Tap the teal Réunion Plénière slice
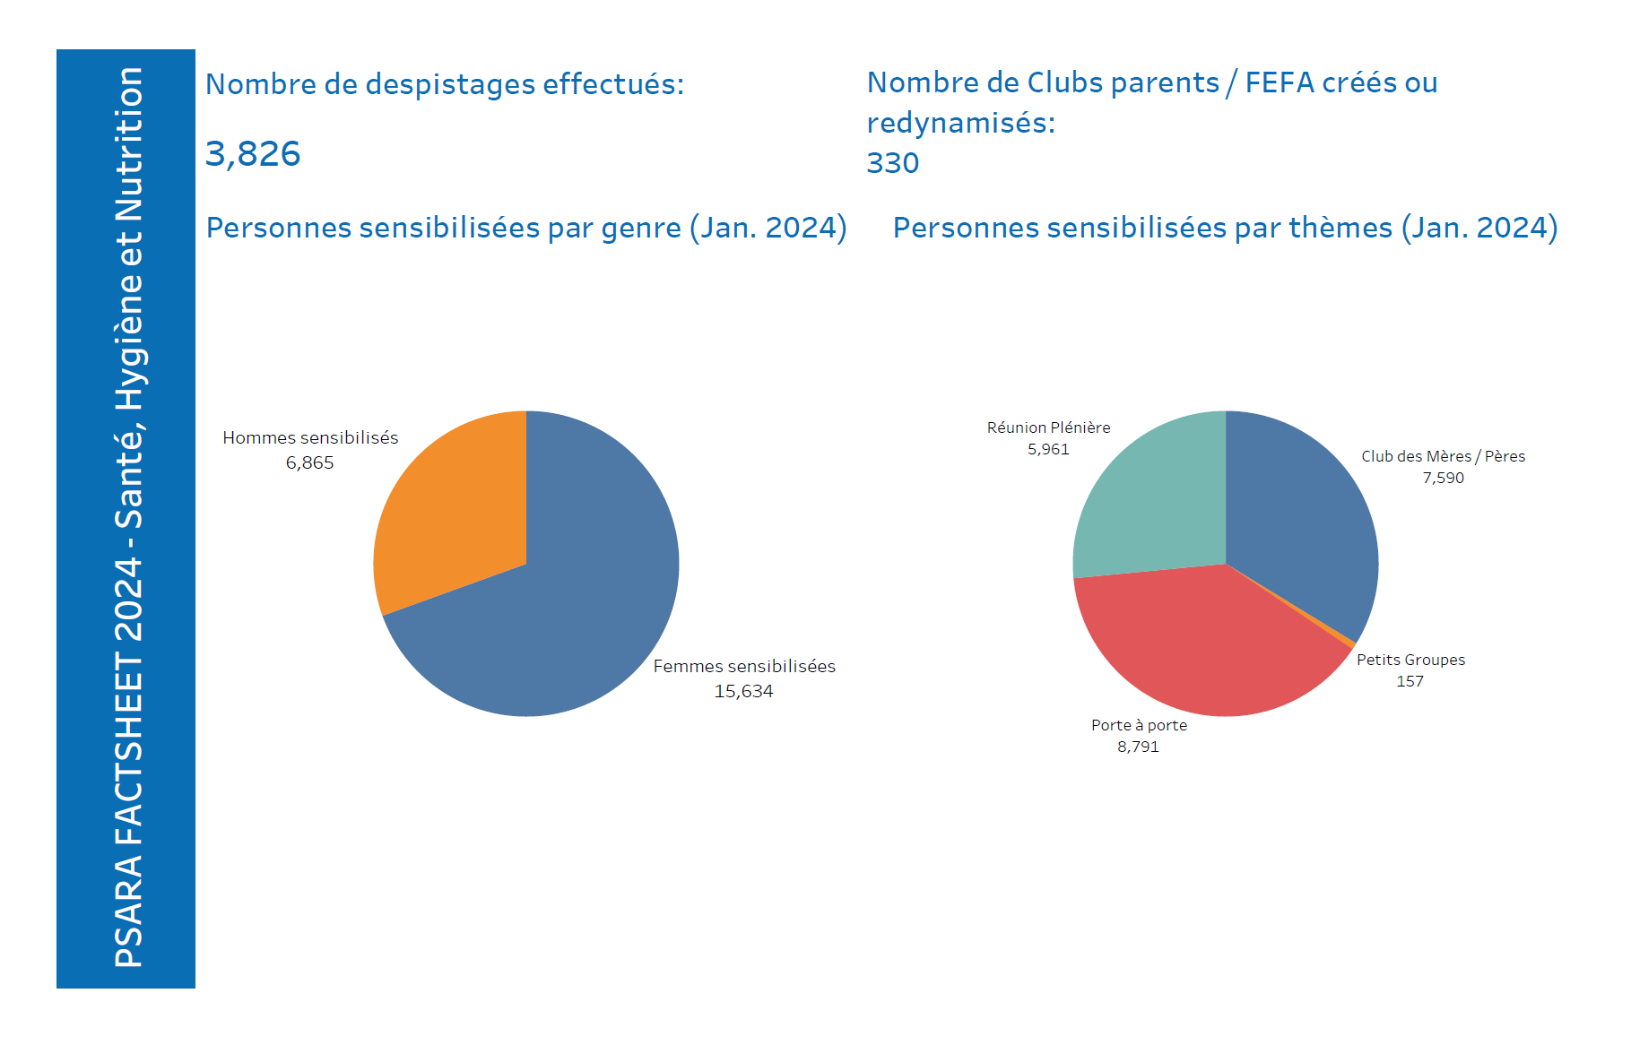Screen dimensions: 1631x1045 [x=1157, y=502]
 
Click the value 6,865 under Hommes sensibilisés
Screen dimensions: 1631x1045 [x=309, y=462]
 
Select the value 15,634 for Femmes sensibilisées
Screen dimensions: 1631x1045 [x=743, y=691]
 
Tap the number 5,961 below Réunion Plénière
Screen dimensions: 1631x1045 [x=1048, y=449]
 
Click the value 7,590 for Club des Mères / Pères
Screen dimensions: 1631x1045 [x=1443, y=478]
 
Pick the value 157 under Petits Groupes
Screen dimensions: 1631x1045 [x=1410, y=681]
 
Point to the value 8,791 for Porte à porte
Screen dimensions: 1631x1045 [x=1138, y=747]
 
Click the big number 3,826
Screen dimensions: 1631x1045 [x=253, y=153]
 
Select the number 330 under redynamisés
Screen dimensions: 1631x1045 [x=893, y=163]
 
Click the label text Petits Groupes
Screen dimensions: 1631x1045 [x=1410, y=660]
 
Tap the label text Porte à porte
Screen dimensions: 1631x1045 [x=1139, y=725]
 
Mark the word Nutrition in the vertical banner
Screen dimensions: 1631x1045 [x=129, y=144]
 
